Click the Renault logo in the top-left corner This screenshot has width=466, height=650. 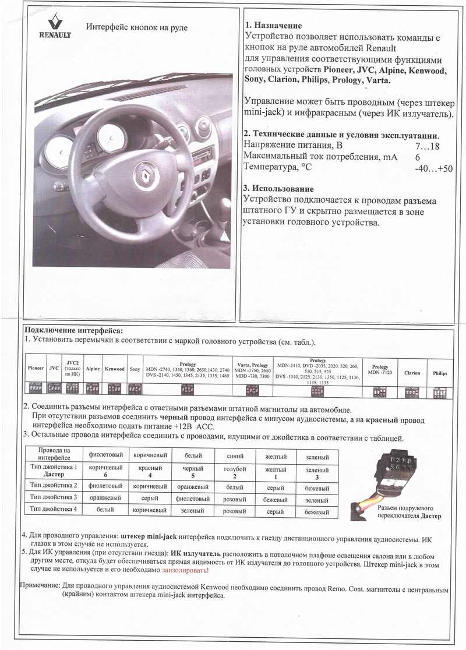[55, 26]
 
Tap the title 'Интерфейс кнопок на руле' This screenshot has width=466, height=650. [136, 27]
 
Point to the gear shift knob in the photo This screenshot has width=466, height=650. [224, 207]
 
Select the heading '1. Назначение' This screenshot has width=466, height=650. [273, 26]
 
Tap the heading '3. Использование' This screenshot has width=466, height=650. [279, 189]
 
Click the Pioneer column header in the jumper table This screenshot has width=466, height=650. [36, 368]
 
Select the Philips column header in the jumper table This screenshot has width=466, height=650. [440, 373]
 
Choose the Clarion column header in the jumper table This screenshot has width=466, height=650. [412, 373]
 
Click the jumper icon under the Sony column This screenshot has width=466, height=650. [135, 388]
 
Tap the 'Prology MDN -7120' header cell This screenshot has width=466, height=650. [380, 369]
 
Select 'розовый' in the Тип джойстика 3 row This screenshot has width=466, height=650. [234, 499]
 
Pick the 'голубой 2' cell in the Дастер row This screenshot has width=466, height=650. [234, 472]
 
